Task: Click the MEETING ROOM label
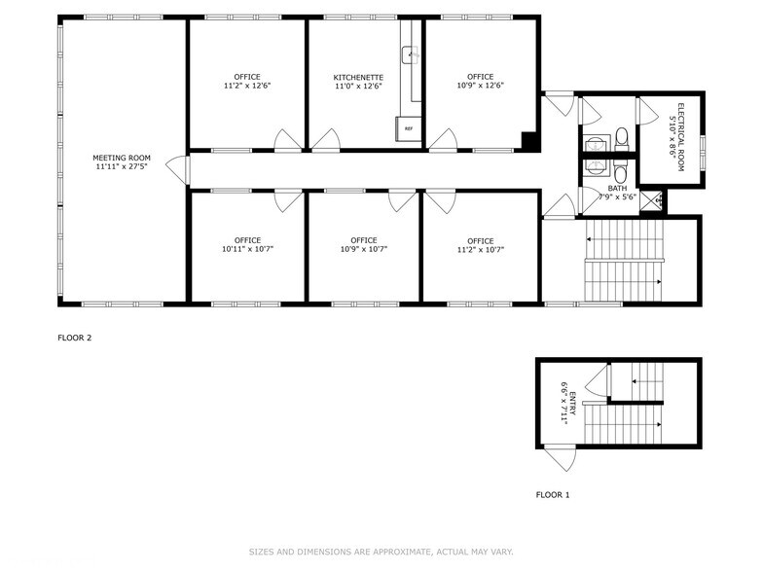[122, 158]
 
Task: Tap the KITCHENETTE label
[357, 77]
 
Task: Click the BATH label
[618, 188]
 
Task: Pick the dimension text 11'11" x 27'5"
[122, 167]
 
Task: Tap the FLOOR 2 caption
[75, 338]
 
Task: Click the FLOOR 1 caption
[553, 495]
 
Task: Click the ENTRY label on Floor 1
[571, 400]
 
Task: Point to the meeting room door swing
[177, 169]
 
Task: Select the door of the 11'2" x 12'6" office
[288, 141]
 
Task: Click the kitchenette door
[325, 141]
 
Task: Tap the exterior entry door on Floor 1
[560, 456]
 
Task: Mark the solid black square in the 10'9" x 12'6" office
[529, 141]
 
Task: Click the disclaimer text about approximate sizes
[381, 551]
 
